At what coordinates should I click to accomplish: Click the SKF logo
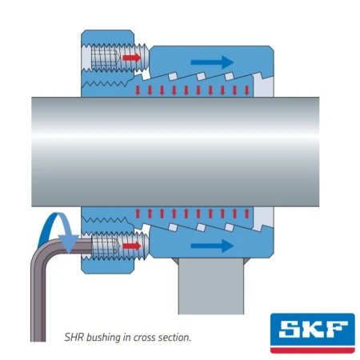click(x=313, y=333)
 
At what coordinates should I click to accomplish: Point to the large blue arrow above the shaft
click(x=212, y=62)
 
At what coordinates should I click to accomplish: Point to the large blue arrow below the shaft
click(x=212, y=246)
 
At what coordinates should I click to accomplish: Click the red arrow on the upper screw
click(x=131, y=58)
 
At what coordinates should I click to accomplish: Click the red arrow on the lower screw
click(x=131, y=246)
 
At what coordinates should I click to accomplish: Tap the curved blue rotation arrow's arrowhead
click(x=69, y=243)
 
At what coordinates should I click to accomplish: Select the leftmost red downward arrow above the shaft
click(x=138, y=90)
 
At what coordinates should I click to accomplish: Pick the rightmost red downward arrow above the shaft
click(x=246, y=90)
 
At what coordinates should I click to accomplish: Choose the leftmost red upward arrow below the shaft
click(x=138, y=214)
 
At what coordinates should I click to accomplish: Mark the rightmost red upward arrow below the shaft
click(x=246, y=214)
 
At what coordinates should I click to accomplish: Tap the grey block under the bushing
click(x=211, y=286)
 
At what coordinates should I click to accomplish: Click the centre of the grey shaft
click(x=175, y=152)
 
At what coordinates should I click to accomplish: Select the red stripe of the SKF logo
click(x=313, y=350)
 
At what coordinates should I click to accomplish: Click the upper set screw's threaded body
click(x=119, y=58)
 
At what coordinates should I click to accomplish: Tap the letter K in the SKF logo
click(x=313, y=329)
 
